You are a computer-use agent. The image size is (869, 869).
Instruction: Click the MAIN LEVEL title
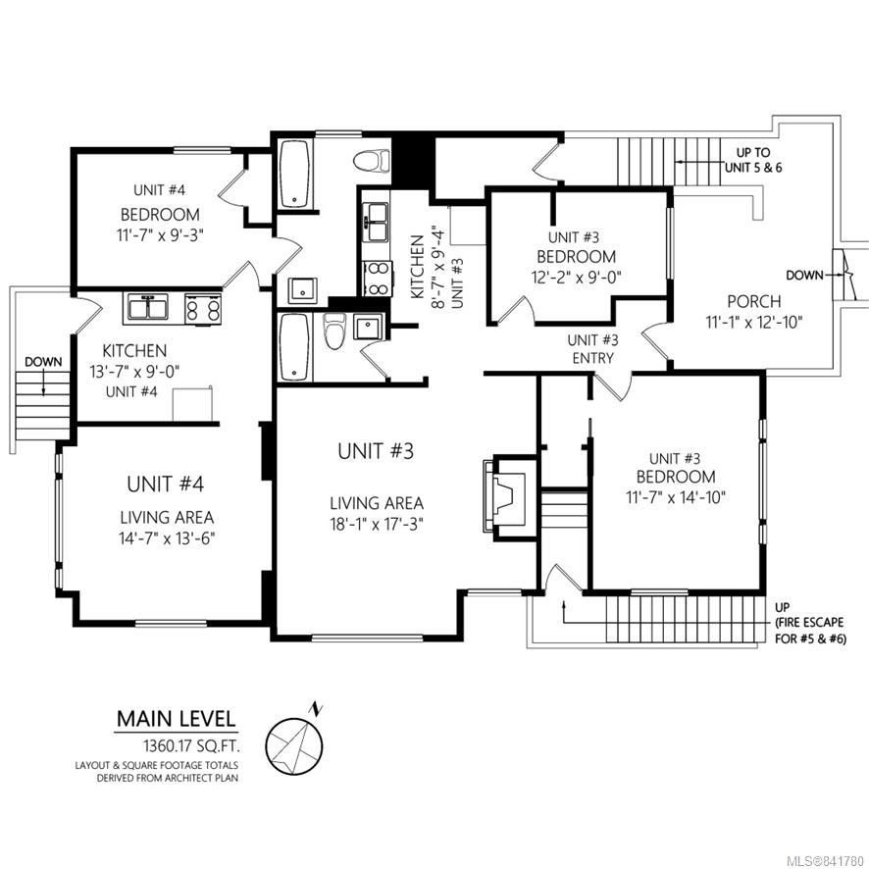(176, 719)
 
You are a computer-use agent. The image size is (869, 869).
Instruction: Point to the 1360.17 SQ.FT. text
(191, 746)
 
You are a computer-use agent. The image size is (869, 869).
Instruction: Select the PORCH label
(753, 301)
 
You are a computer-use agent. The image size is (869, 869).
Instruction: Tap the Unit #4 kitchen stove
(203, 308)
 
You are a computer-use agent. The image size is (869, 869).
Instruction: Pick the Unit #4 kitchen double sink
(148, 306)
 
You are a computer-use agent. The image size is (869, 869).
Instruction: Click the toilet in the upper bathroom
(372, 160)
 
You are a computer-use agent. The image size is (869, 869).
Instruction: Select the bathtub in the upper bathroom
(294, 174)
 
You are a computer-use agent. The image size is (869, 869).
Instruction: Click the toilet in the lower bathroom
(334, 331)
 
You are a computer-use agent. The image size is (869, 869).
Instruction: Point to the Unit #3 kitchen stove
(378, 279)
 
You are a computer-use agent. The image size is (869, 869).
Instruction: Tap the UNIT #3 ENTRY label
(592, 348)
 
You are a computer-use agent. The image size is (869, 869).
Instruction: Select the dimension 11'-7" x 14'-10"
(676, 497)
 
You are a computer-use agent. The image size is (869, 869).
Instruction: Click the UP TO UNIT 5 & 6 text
(753, 160)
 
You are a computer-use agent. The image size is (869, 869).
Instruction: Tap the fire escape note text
(810, 623)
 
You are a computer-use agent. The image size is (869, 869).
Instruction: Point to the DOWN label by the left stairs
(43, 362)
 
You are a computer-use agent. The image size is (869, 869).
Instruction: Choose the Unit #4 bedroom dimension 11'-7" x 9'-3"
(161, 235)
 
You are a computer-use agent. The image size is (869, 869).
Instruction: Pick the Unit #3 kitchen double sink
(376, 223)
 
